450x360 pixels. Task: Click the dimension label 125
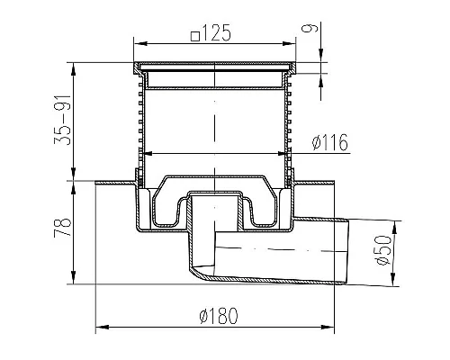coord(216,32)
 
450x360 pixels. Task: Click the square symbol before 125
coord(195,36)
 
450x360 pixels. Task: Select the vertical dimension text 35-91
coord(63,120)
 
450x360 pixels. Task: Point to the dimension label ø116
coord(330,142)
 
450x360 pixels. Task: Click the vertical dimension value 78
coord(63,228)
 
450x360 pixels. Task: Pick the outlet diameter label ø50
coord(383,250)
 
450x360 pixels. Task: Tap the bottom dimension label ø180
coord(219,315)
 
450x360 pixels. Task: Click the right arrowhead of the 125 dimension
coord(289,44)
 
